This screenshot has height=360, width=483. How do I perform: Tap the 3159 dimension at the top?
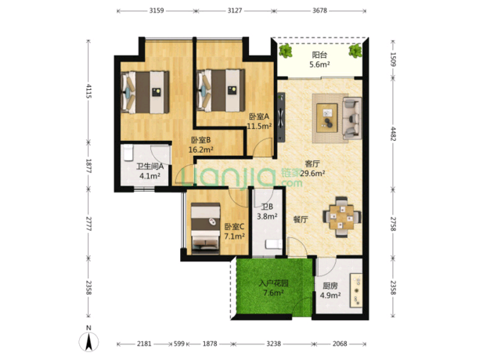pos(157,11)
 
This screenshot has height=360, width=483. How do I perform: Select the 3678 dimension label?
pos(319,11)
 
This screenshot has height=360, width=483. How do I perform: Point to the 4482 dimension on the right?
pos(393,133)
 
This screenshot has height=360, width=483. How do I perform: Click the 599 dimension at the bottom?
pos(179,344)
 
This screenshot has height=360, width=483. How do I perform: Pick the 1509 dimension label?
pos(393,59)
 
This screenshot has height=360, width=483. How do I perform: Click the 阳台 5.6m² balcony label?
pos(319,59)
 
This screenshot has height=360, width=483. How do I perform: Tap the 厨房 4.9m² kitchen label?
pos(330,290)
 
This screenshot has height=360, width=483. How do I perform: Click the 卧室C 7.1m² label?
pos(234,232)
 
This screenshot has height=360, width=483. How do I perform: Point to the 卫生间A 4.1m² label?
pos(150,171)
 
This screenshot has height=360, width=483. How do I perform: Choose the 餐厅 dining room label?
pos(301,220)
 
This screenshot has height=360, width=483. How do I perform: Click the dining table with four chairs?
pos(342,217)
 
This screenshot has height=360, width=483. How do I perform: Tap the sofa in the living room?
pos(352,118)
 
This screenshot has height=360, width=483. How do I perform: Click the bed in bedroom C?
pos(205,229)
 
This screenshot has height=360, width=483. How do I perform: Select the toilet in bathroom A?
pos(128,153)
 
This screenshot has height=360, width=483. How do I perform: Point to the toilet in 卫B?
pos(274,244)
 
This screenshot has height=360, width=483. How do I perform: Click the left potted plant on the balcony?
pos(286,51)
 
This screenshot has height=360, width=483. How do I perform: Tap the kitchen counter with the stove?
pos(355,290)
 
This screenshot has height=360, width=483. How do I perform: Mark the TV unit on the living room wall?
pos(281,117)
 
